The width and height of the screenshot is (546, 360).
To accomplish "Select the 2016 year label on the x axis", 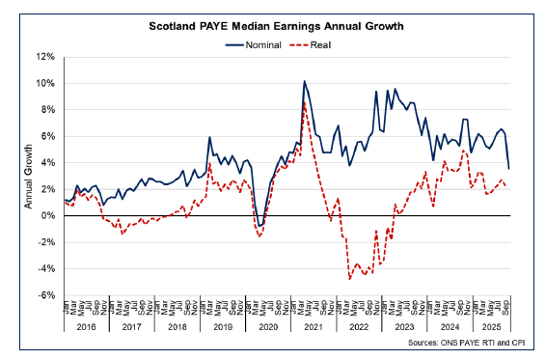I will (x=86, y=328).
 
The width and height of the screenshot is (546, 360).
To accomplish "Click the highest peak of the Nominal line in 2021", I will (x=305, y=81).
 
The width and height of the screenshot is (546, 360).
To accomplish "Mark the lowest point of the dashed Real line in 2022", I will (x=349, y=278).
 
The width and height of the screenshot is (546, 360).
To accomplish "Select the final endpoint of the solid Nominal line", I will (x=509, y=169).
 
